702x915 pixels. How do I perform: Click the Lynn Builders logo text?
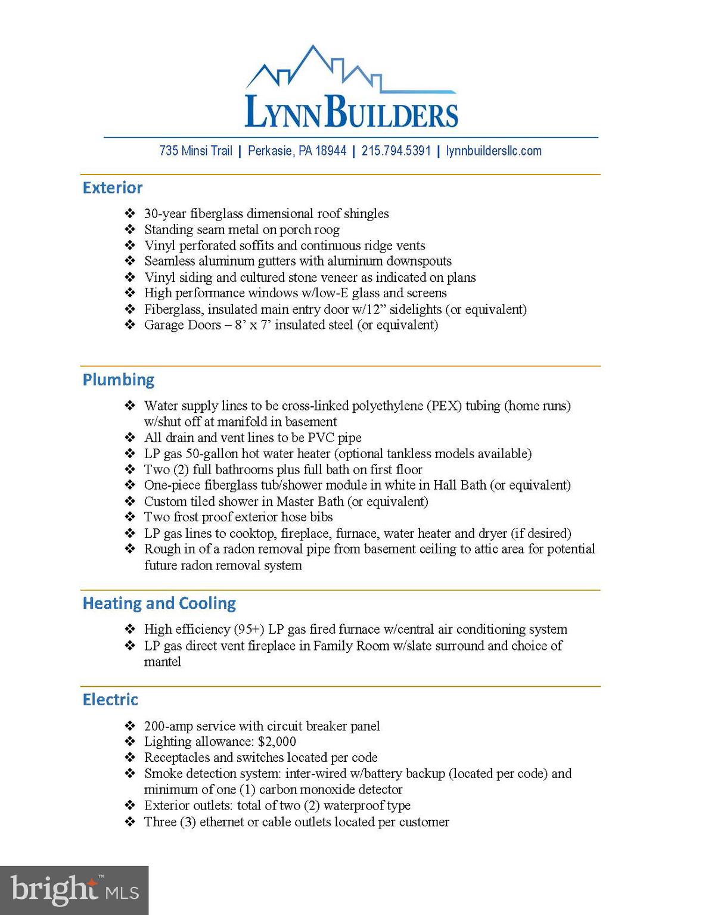(x=351, y=111)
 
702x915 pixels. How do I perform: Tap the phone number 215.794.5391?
(x=396, y=151)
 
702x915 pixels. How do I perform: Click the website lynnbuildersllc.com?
(x=494, y=151)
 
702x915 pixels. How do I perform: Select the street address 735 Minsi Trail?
(x=195, y=151)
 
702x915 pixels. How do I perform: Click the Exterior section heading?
(x=113, y=188)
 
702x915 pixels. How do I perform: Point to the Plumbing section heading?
(x=118, y=379)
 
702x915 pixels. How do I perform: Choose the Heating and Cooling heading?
(x=159, y=603)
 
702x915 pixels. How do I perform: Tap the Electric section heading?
(x=110, y=699)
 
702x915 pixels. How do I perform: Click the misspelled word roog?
(x=327, y=229)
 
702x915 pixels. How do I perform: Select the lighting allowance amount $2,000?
(x=277, y=742)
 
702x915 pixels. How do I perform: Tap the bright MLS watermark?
(x=74, y=890)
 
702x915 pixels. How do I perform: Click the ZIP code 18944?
(x=331, y=151)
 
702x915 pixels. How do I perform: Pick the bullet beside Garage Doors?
(x=130, y=325)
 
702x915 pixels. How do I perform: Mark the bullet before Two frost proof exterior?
(x=130, y=517)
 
